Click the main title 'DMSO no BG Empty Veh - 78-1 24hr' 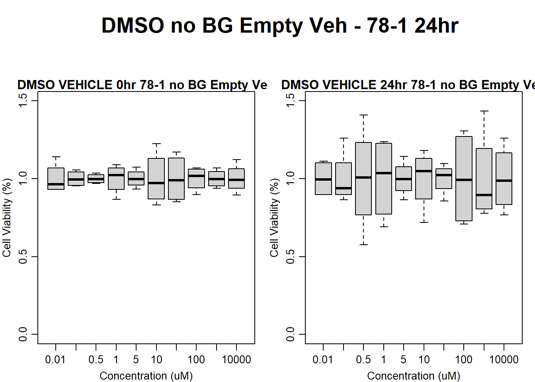(280, 26)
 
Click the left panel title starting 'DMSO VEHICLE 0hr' (142, 85)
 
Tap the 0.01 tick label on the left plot (55, 360)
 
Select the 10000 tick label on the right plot (504, 360)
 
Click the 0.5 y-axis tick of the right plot (291, 257)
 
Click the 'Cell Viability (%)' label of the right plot (274, 218)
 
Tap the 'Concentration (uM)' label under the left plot (146, 376)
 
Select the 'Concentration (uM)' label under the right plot (414, 376)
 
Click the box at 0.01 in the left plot (56, 178)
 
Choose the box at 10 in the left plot (156, 179)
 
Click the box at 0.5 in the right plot (363, 179)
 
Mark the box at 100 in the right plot (464, 179)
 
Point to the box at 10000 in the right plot (504, 179)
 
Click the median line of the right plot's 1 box (384, 173)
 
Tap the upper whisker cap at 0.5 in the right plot (363, 115)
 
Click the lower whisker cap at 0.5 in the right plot (363, 244)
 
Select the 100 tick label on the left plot (196, 360)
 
